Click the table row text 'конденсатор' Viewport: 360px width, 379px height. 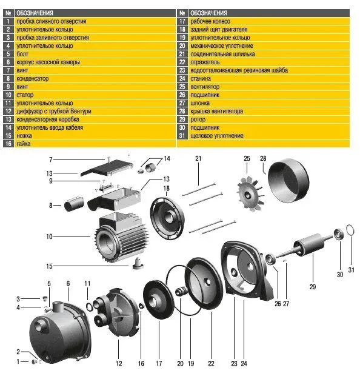32,79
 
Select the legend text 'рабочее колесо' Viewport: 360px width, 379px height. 210,21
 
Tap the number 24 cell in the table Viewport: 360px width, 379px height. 182,79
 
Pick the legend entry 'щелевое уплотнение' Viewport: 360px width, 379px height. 217,136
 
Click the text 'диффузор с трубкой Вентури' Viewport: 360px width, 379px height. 54,111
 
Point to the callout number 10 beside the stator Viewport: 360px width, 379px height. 49,236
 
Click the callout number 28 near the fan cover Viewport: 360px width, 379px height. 263,158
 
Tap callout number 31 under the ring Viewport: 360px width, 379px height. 352,270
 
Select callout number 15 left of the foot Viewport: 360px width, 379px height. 49,266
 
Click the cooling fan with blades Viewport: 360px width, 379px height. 250,194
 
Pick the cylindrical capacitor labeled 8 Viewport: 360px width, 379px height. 74,204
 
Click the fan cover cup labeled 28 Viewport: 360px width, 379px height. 287,181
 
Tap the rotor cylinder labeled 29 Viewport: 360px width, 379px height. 310,244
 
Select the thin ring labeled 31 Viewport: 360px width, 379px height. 350,230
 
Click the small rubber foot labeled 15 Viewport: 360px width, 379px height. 138,263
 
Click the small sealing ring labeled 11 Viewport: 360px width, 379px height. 89,307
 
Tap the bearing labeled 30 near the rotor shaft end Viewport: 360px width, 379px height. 339,234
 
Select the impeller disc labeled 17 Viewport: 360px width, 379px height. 158,299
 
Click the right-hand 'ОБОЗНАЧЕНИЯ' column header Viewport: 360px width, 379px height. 208,13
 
